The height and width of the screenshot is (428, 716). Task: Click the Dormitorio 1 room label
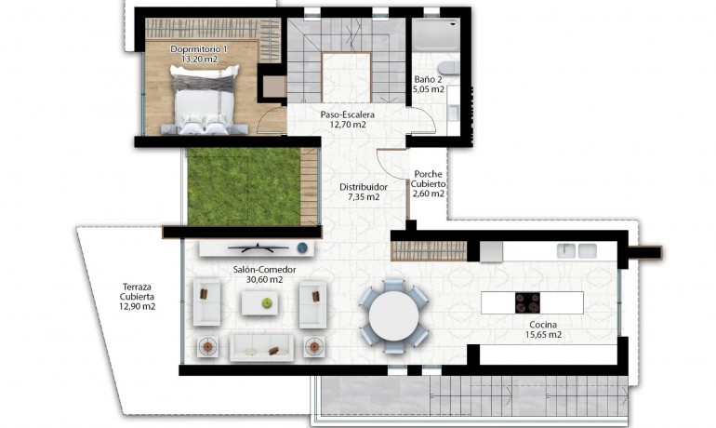(199, 53)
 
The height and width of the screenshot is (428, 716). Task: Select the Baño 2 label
(429, 85)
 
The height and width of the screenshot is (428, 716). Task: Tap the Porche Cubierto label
(429, 183)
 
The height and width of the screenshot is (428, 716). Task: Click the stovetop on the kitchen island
(529, 303)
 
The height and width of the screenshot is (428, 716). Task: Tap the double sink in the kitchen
(577, 250)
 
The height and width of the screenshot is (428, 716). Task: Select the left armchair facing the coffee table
(206, 302)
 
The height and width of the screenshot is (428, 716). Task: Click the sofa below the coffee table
(262, 347)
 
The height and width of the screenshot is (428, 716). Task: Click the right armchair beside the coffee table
(313, 301)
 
